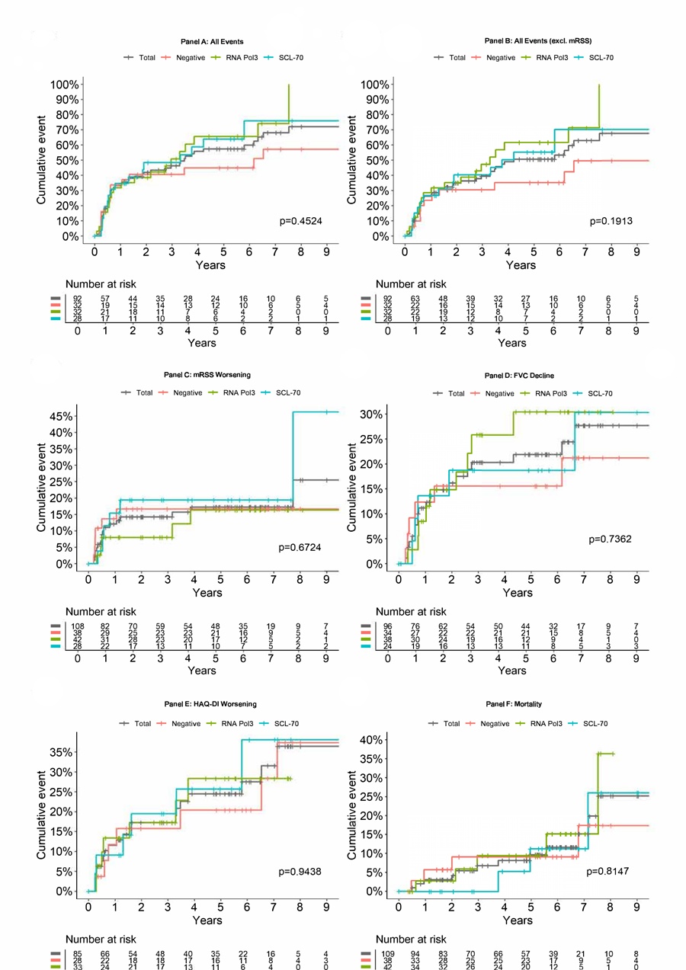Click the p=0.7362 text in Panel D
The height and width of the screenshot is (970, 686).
(x=611, y=539)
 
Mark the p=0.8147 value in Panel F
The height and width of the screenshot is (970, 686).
(x=611, y=871)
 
